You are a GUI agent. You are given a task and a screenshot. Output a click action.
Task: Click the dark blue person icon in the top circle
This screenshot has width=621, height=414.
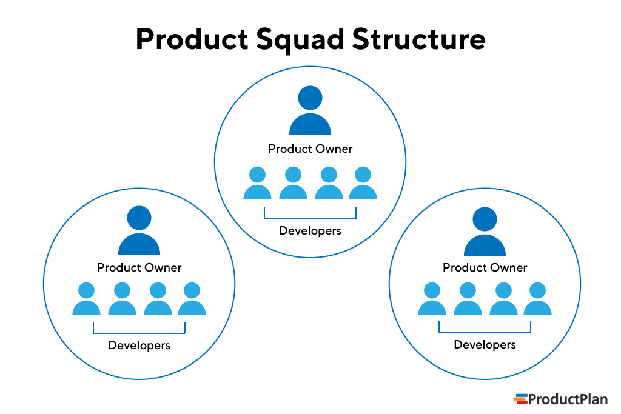pyautogui.click(x=310, y=112)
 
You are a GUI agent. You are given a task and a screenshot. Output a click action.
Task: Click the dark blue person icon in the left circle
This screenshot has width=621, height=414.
pyautogui.click(x=139, y=232)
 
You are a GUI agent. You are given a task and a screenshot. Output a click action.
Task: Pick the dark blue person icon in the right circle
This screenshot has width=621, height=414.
pyautogui.click(x=485, y=233)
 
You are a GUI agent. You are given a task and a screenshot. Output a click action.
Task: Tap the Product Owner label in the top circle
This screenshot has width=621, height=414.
pyautogui.click(x=310, y=149)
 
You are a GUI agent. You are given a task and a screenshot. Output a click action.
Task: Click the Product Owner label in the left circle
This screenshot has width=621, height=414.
pyautogui.click(x=139, y=267)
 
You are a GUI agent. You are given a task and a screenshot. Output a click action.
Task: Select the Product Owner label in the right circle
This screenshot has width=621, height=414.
pyautogui.click(x=485, y=267)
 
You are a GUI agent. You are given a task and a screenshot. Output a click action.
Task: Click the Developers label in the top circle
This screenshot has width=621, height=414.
pyautogui.click(x=310, y=231)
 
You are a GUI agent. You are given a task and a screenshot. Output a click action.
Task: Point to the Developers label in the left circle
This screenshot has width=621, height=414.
pyautogui.click(x=139, y=346)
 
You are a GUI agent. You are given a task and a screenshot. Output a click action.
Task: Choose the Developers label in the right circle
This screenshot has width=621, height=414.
pyautogui.click(x=485, y=345)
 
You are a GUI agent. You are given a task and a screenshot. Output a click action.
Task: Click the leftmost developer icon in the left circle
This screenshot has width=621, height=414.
pyautogui.click(x=86, y=299)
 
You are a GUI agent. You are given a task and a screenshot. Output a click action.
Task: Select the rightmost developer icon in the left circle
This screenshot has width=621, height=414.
pyautogui.click(x=192, y=299)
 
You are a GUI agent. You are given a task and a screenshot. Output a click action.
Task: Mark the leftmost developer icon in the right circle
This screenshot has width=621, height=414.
pyautogui.click(x=432, y=299)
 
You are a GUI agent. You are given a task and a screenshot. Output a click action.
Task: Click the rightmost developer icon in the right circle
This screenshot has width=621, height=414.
pyautogui.click(x=537, y=299)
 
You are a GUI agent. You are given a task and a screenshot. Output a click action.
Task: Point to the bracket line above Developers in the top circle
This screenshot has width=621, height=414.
pyautogui.click(x=310, y=218)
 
